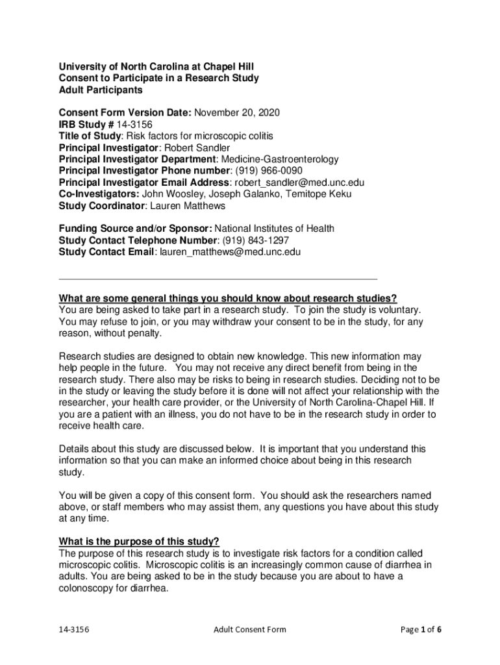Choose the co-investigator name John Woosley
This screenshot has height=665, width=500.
pos(169,194)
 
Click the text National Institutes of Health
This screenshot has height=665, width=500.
pos(275,228)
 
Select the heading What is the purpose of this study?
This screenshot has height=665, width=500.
pos(139,541)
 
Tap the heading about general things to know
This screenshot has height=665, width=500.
pos(227,298)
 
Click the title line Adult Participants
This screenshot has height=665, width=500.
pos(100,90)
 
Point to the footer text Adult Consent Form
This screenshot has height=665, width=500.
pos(249,629)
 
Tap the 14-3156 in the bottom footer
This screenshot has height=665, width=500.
pos(74,629)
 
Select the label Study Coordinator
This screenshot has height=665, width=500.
pos(100,206)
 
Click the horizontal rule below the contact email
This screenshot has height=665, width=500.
pos(218,277)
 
